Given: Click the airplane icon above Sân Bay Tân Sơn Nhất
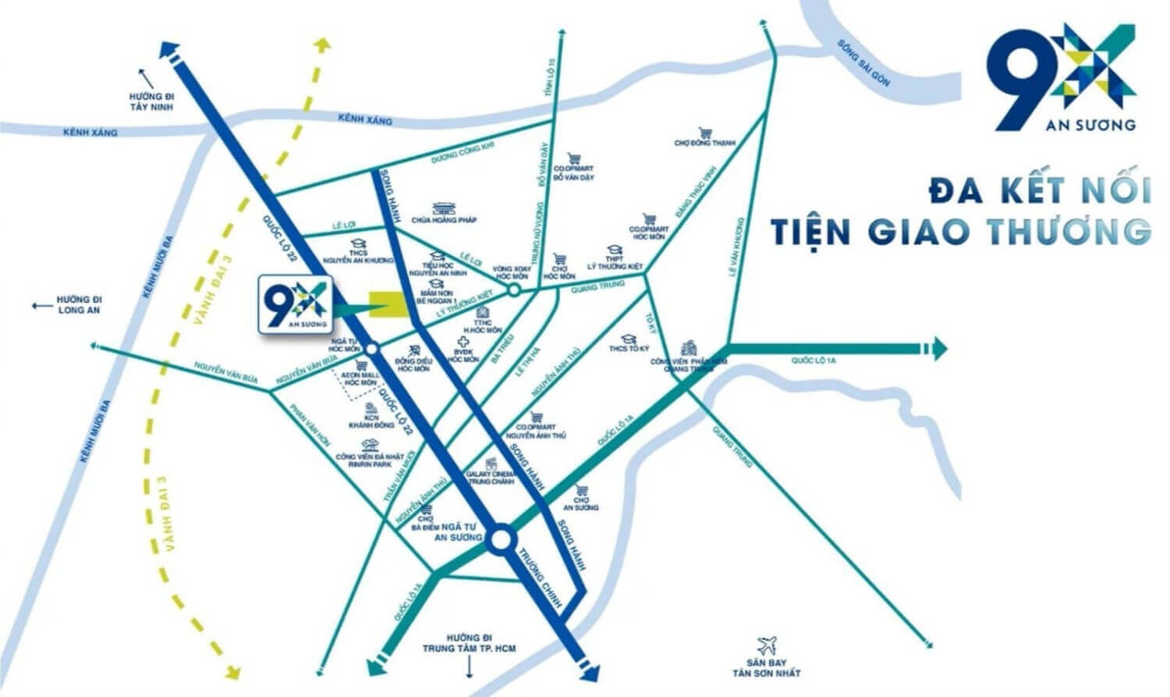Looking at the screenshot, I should [768, 645].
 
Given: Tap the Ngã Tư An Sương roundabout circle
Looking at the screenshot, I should [501, 539].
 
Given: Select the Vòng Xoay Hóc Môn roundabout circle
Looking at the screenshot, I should [513, 290].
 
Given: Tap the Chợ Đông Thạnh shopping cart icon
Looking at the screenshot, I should [705, 133].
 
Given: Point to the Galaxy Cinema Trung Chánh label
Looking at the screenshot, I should [490, 478].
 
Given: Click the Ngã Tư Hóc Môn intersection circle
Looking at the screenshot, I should [372, 349].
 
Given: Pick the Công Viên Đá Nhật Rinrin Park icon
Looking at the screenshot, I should [370, 446].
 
